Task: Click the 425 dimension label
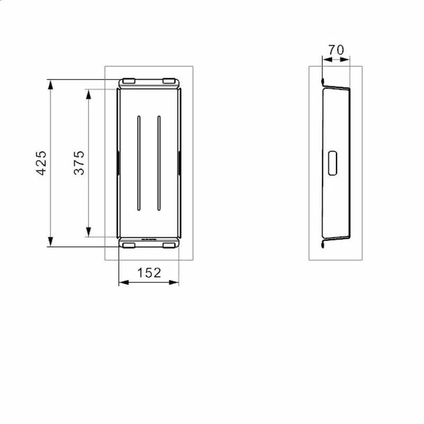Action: [x=41, y=163]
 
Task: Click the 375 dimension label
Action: [x=79, y=163]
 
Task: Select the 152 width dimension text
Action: [x=149, y=273]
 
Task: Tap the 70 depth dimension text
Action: [x=336, y=50]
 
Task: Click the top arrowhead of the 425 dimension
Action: [x=50, y=85]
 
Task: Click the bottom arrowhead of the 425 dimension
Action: [x=50, y=242]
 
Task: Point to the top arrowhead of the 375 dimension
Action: [x=89, y=94]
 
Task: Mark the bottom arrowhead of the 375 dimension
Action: [x=89, y=232]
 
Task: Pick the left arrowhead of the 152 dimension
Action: [x=124, y=282]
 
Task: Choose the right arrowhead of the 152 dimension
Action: [x=174, y=282]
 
